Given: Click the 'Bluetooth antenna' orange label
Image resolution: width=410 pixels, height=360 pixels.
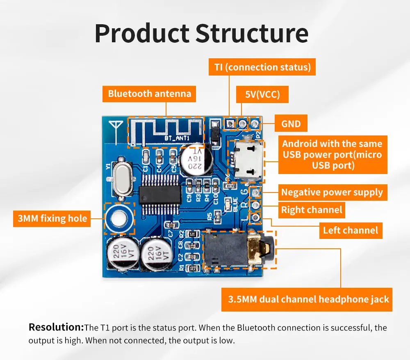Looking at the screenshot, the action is (x=149, y=94).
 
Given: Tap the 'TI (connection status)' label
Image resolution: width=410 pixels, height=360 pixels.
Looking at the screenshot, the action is (x=262, y=67).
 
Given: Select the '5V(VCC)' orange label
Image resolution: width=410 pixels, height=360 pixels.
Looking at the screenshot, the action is (x=262, y=94).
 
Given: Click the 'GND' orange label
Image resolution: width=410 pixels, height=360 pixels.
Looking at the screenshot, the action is (x=291, y=123).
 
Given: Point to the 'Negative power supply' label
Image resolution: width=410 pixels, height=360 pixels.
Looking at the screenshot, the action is (x=333, y=193).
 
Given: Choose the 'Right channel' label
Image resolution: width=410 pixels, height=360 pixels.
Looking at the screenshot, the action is (x=312, y=210).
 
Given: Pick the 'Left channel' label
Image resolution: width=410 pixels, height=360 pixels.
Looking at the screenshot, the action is (x=351, y=230).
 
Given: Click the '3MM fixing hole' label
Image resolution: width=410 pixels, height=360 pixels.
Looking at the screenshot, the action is (x=52, y=218).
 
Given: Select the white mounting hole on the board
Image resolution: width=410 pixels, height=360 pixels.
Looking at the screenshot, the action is (x=119, y=218).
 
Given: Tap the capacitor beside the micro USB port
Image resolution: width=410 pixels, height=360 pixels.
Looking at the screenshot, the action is (x=195, y=160).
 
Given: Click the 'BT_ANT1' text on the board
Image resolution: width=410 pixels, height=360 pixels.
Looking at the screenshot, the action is (x=177, y=138).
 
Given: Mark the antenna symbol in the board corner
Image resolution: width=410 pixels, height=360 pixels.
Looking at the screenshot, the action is (x=116, y=130).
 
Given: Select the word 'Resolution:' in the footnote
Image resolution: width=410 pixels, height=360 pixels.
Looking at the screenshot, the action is (x=56, y=327).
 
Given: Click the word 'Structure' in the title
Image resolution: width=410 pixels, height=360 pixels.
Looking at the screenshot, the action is (x=252, y=34).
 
